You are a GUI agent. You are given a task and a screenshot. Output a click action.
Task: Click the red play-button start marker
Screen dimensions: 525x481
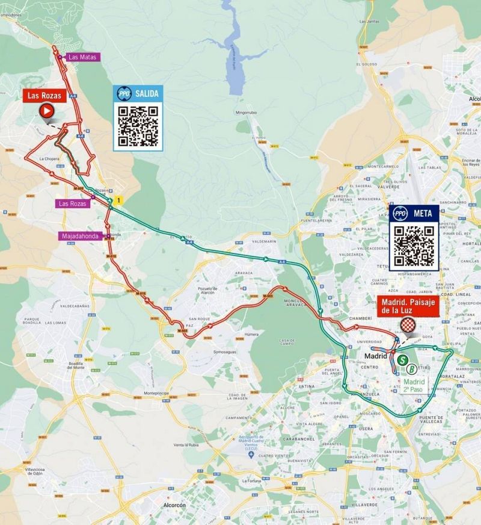46,111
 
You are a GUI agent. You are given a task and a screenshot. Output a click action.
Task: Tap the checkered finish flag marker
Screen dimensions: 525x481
409,326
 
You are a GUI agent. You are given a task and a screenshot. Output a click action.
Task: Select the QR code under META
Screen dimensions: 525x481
414,246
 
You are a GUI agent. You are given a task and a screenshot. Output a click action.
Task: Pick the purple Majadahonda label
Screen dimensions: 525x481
82,236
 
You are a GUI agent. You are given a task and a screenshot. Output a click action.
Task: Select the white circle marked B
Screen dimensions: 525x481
411,369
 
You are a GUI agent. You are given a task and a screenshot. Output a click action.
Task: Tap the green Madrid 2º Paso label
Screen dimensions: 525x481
414,385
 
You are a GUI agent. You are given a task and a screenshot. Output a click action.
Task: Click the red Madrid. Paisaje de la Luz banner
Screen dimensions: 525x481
408,306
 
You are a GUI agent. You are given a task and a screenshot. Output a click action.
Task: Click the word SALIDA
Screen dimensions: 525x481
147,93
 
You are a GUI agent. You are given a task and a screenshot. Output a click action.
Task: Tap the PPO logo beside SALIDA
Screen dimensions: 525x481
124,93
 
